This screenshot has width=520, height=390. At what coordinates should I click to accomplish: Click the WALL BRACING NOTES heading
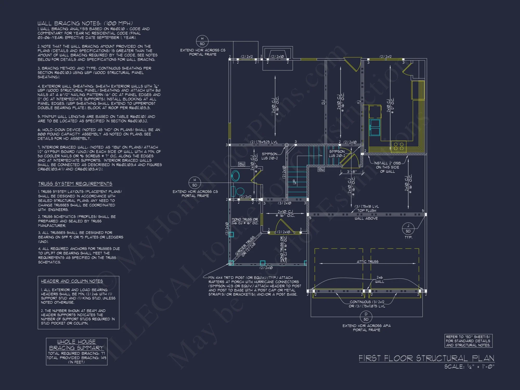point(85,23)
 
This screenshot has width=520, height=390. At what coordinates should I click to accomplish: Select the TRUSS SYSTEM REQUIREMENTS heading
point(75,184)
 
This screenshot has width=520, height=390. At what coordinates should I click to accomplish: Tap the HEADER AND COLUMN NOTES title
point(72,281)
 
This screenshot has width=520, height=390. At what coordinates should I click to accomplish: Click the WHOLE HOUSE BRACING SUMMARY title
point(76,345)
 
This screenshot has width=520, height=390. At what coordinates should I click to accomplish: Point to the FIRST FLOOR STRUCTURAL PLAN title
point(426,358)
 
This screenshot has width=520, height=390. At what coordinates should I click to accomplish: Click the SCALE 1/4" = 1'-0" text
point(469,367)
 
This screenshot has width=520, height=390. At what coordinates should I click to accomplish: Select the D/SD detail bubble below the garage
point(366,317)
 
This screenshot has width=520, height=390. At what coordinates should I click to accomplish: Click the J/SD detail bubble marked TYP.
point(408,229)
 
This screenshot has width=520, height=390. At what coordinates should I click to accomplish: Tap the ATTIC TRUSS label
point(367,262)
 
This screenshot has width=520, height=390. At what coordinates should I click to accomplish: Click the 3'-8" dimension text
point(352,172)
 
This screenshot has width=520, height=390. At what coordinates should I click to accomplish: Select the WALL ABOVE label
point(366,218)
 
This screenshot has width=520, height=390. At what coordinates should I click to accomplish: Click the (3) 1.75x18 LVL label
point(367,206)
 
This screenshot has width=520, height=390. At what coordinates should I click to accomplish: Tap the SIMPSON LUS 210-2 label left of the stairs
point(269,156)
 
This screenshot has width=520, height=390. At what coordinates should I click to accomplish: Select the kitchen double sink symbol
point(375,127)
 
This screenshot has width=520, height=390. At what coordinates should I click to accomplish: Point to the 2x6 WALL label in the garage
point(380,279)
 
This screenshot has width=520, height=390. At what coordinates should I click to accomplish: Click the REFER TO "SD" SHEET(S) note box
point(468,341)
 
